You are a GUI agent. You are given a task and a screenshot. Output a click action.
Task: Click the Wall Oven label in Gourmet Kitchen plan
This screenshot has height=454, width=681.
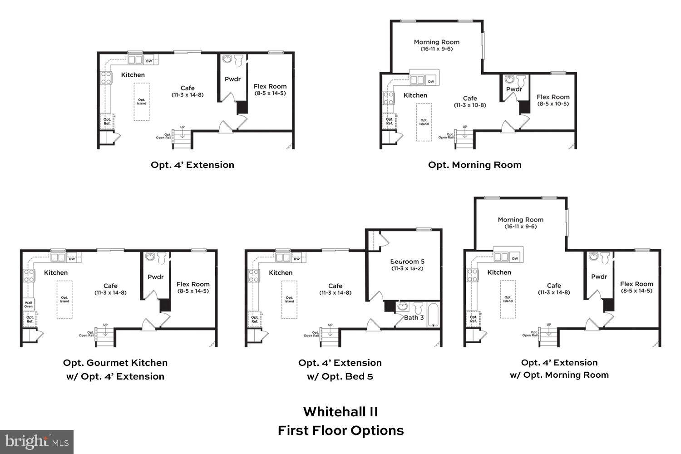[x=29, y=305]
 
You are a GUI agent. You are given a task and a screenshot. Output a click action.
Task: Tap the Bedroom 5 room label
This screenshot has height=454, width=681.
[x=407, y=262]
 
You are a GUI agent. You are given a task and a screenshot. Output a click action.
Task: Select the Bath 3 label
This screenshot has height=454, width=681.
[x=414, y=317]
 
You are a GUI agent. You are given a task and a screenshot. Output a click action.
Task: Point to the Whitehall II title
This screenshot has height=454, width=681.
[x=340, y=412]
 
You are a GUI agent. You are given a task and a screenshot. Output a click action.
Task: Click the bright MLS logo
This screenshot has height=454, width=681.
[x=37, y=442]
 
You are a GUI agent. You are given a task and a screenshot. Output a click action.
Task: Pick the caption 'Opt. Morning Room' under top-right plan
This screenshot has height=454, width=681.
[x=474, y=165]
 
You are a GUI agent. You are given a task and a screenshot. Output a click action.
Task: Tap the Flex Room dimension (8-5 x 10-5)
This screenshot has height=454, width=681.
[x=553, y=104]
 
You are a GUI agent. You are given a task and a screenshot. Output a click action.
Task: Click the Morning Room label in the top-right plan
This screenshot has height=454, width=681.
[x=436, y=42]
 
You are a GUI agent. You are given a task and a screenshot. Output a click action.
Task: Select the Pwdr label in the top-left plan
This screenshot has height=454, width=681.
[x=232, y=79]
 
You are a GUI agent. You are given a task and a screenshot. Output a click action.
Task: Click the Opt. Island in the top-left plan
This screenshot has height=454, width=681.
[x=142, y=101]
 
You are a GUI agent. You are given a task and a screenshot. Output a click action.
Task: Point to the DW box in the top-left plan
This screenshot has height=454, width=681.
[x=149, y=60]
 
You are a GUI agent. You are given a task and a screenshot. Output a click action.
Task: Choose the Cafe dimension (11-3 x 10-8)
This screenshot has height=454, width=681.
[x=470, y=105]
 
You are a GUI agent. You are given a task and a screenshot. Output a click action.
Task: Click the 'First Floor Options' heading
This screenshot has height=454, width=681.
[x=340, y=430]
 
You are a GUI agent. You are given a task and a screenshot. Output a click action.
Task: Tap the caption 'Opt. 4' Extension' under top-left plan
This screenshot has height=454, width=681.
[x=192, y=165]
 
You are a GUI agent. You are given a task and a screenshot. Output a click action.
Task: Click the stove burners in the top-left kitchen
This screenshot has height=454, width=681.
[x=106, y=78]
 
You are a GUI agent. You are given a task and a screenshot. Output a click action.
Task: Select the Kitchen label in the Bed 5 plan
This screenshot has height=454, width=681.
[x=281, y=272]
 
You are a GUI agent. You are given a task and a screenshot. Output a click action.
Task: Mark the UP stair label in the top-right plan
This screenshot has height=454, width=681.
[x=464, y=127]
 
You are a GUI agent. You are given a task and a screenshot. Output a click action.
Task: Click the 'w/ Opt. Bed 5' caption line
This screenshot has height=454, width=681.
[x=340, y=376]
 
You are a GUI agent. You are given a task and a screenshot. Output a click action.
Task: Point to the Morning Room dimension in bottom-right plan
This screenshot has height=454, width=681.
[x=520, y=227]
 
